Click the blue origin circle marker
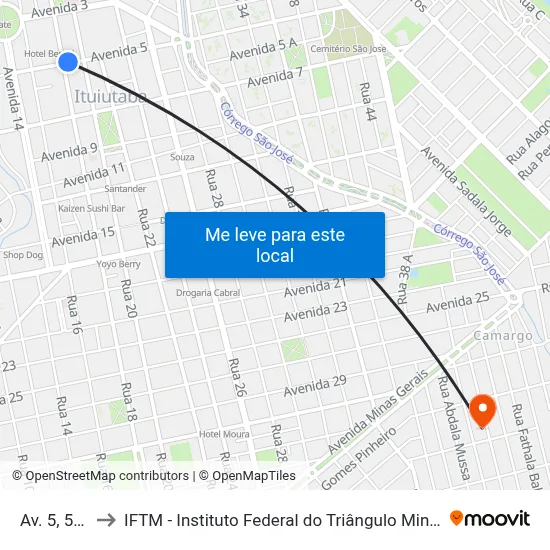pos(68,62)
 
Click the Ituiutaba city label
pos(110,97)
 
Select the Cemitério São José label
pos(348,48)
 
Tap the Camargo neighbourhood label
pos(504,336)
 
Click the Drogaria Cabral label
pos(208,293)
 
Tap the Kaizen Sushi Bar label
pos(91,209)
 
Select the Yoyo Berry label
pos(118,264)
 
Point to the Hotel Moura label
pos(223,433)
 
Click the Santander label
pos(125,188)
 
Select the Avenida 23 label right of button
pos(314,313)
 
